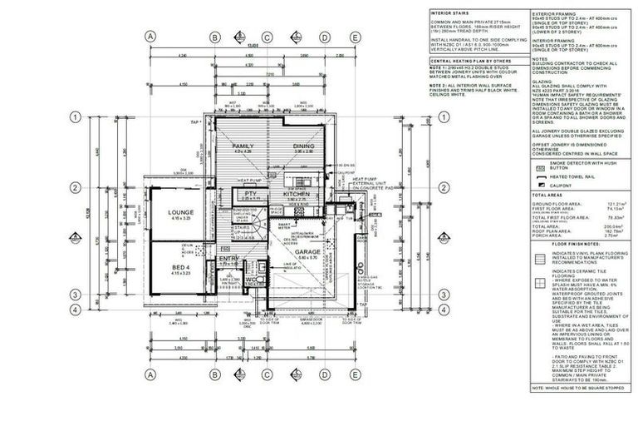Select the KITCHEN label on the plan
[x=297, y=194]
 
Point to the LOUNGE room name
[x=181, y=212]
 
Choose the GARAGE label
[x=307, y=250]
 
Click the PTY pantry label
[x=249, y=193]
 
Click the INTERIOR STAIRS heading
[x=450, y=14]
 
